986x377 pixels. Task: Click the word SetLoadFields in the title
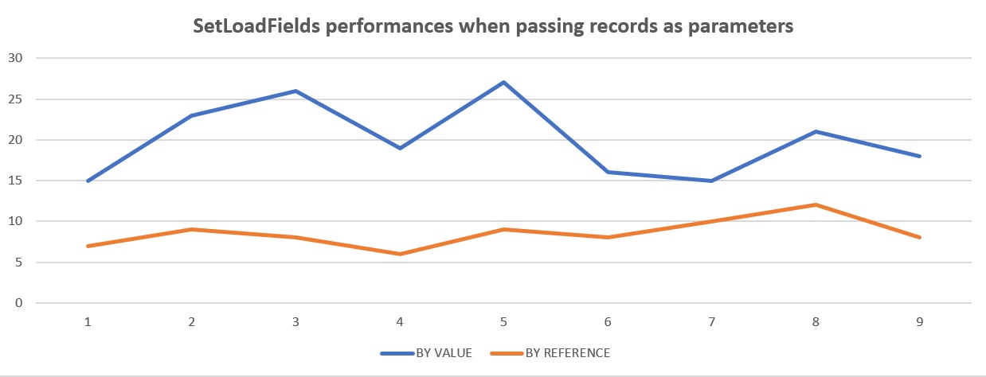[x=246, y=26]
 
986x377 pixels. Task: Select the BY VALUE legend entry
[x=426, y=353]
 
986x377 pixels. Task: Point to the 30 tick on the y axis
[x=17, y=58]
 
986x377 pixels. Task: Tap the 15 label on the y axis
[x=17, y=181]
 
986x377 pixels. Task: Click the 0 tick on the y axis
[x=20, y=303]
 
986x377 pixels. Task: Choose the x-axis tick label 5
[x=503, y=321]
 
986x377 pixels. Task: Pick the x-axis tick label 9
[x=920, y=321]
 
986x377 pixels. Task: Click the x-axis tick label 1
[x=88, y=321]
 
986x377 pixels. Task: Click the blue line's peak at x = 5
[x=504, y=82]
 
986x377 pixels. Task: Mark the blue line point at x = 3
[x=296, y=91]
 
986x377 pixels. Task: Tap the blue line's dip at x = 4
[x=400, y=148]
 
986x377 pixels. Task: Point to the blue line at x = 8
[x=816, y=131]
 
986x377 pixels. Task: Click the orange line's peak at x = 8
[x=816, y=204]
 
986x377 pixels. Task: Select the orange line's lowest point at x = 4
[x=400, y=254]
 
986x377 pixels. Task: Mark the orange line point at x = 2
[x=192, y=229]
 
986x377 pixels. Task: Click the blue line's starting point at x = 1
[x=88, y=181]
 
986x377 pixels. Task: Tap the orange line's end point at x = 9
[x=920, y=237]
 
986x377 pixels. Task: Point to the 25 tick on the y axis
[x=17, y=99]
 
